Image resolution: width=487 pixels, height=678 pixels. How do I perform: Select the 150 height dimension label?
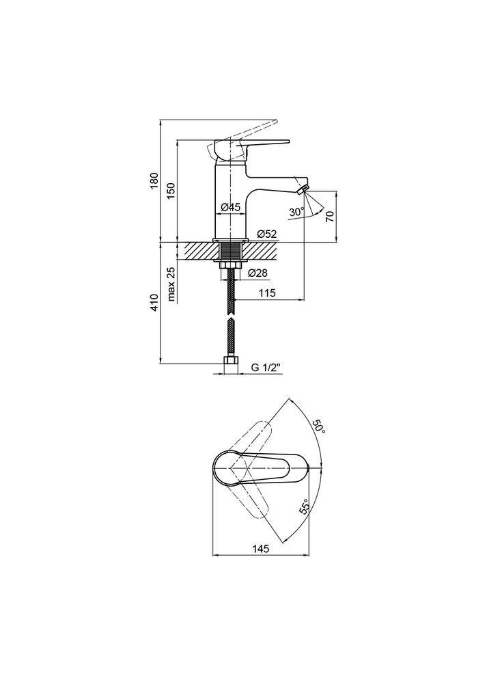(x=171, y=190)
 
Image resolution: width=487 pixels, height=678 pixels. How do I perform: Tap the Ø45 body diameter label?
(x=231, y=208)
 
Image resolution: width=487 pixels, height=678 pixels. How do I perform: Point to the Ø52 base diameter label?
(x=266, y=234)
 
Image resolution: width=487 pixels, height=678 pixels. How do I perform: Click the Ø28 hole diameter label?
(x=258, y=273)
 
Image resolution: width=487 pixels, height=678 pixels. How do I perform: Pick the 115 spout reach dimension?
(x=268, y=293)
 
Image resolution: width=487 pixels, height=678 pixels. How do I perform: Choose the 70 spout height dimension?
(x=330, y=216)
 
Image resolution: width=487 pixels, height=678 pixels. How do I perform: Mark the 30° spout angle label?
(x=296, y=213)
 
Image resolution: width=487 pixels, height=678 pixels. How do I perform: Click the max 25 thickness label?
(x=171, y=284)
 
